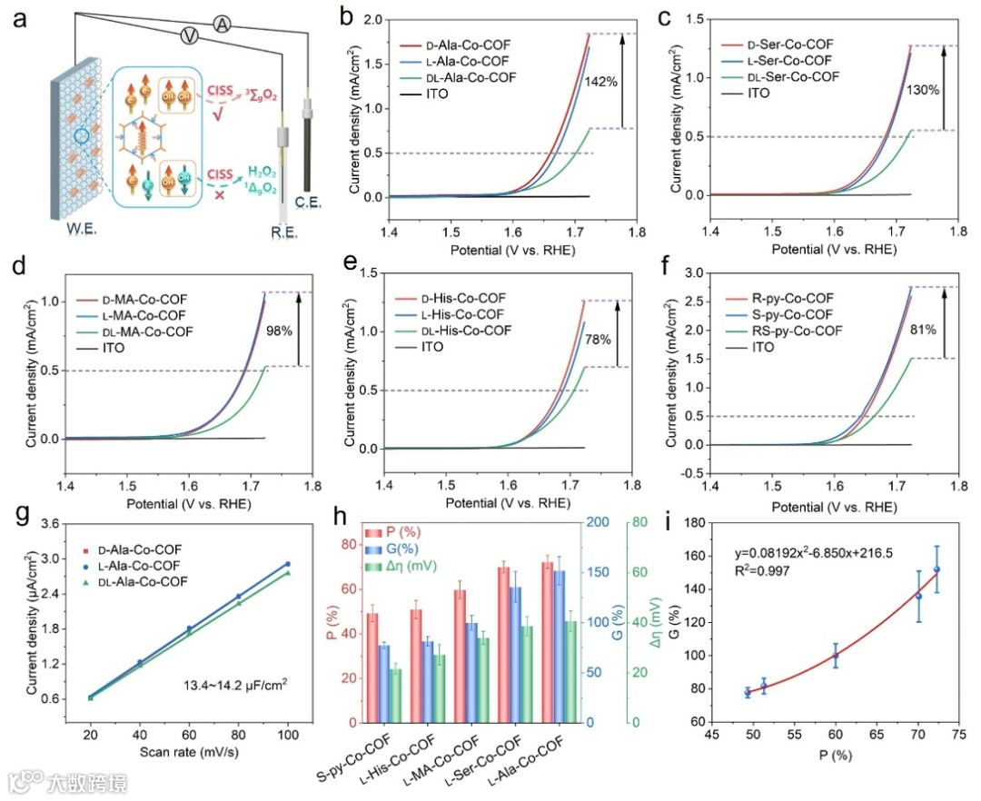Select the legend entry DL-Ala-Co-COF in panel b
tap(470, 77)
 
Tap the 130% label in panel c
tap(922, 90)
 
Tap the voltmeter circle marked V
tap(189, 35)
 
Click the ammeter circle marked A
tap(221, 24)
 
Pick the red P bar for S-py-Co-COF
tap(372, 667)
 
